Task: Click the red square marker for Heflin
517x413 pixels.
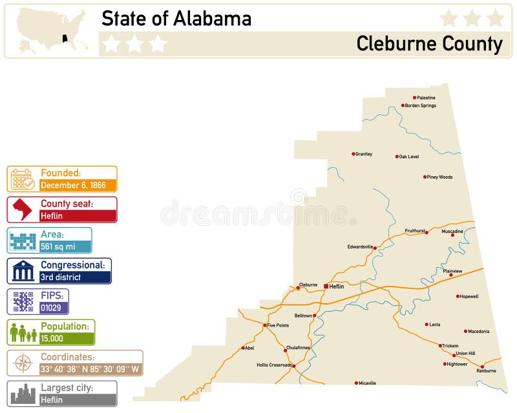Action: pyautogui.click(x=326, y=286)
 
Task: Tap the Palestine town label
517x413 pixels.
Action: pyautogui.click(x=426, y=98)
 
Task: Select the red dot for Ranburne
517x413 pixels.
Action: pyautogui.click(x=482, y=366)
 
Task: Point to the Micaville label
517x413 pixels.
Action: pyautogui.click(x=368, y=383)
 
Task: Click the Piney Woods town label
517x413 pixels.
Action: pyautogui.click(x=439, y=177)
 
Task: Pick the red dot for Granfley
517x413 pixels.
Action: pyautogui.click(x=353, y=154)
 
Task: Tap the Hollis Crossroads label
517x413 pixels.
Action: pyautogui.click(x=274, y=365)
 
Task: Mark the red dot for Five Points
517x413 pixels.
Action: pyautogui.click(x=265, y=325)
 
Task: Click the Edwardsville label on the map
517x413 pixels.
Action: pyautogui.click(x=360, y=247)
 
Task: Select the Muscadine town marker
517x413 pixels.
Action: pyautogui.click(x=452, y=235)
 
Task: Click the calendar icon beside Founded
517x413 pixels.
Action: pyautogui.click(x=23, y=179)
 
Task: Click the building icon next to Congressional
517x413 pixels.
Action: pyautogui.click(x=23, y=271)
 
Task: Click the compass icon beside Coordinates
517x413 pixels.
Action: pyautogui.click(x=23, y=363)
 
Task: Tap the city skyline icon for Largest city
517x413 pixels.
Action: pyautogui.click(x=23, y=394)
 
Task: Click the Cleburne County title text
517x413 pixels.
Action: pyautogui.click(x=429, y=44)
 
